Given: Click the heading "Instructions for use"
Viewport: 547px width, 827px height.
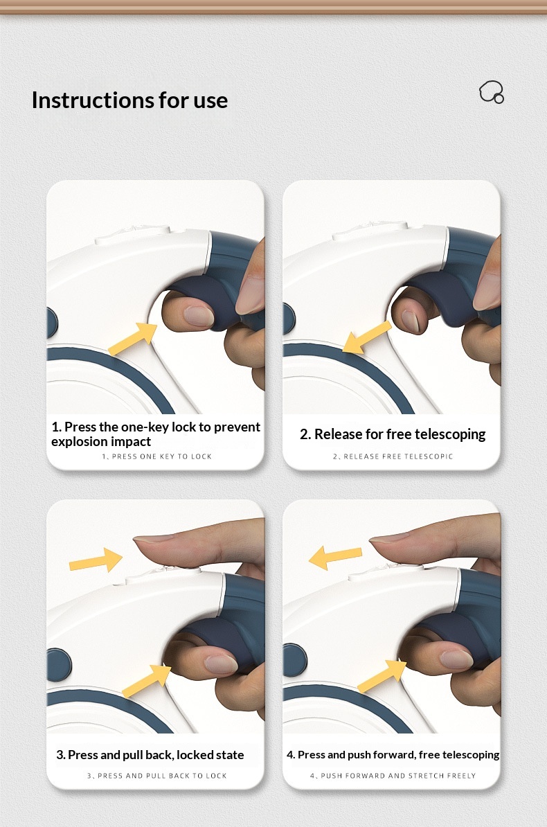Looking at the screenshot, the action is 129,100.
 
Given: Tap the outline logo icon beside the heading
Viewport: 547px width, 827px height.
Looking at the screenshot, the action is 492,91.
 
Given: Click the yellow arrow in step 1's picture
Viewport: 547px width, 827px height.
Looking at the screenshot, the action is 133,339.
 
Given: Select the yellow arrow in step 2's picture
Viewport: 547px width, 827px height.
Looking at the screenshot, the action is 366,337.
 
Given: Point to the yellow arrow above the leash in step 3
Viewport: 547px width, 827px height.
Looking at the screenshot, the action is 96,560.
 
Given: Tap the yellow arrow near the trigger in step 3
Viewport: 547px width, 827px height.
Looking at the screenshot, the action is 147,681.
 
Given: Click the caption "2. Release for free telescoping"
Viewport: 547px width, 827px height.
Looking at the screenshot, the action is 393,434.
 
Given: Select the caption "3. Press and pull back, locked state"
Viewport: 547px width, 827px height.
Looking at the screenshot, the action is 150,755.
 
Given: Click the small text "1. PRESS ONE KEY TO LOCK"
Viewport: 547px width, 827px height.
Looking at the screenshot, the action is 156,456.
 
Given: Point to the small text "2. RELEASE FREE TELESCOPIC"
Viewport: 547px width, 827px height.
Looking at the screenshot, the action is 393,456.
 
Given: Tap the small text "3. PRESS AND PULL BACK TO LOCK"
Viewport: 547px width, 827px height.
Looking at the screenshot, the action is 157,776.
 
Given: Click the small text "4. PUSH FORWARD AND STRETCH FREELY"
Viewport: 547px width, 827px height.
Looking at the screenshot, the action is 393,776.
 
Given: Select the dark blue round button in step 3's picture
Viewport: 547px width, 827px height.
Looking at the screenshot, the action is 59,664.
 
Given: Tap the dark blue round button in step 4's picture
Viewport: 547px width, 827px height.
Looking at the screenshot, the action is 295,660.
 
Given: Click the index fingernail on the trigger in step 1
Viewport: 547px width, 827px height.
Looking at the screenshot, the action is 199,315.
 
